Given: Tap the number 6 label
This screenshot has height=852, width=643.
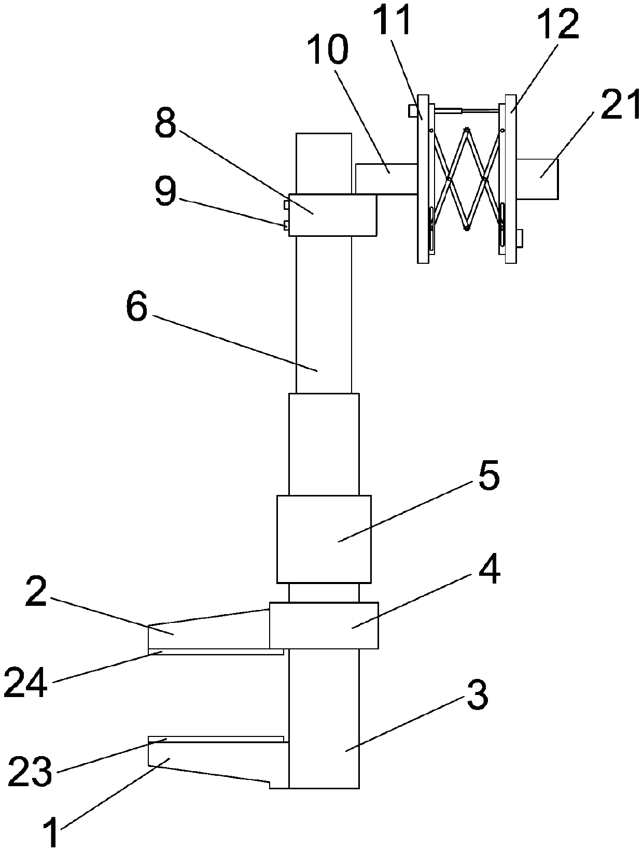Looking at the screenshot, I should tap(136, 307).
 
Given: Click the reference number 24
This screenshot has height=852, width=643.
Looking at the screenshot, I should tap(25, 684).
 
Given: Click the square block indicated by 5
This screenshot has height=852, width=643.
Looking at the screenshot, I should tap(324, 539).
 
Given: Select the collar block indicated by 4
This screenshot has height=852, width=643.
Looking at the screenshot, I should tap(324, 625).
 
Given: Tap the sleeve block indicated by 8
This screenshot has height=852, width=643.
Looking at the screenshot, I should tap(332, 215).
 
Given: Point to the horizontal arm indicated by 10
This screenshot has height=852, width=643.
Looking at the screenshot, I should tap(386, 179).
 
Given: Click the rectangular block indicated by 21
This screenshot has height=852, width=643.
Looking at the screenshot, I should tap(537, 179).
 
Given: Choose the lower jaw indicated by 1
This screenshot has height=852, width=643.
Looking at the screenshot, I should tap(207, 760).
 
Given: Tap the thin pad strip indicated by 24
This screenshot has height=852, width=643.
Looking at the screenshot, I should tap(215, 651).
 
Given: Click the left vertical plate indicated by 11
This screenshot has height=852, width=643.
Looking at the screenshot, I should tap(423, 179).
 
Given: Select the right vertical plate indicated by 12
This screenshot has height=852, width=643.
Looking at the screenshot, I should tap(511, 179).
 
